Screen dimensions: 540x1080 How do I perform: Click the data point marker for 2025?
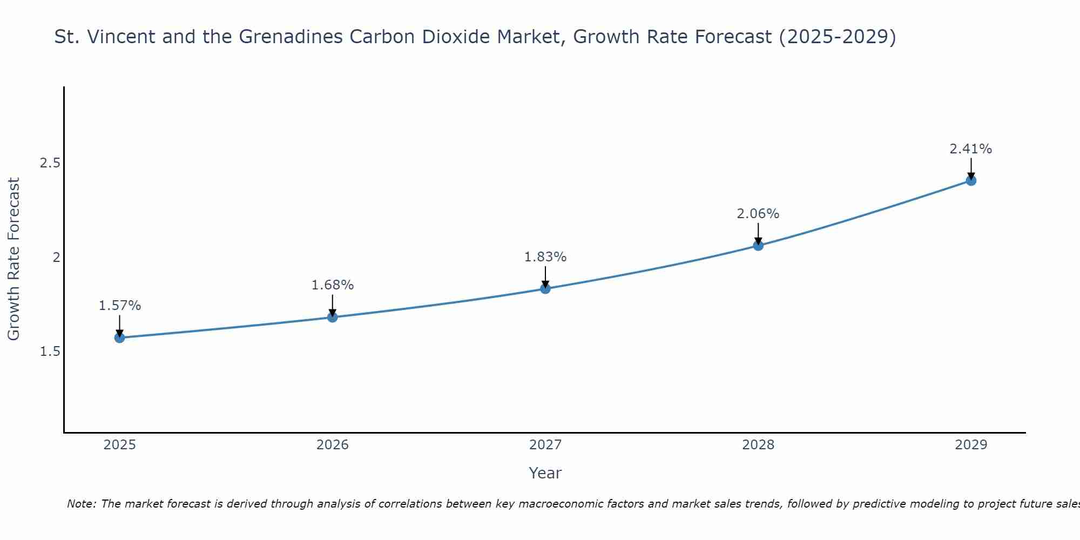pos(119,337)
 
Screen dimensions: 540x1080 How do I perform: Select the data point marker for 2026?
pos(333,317)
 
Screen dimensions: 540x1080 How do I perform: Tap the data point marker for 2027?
pos(545,289)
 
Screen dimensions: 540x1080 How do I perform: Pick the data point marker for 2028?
pos(758,246)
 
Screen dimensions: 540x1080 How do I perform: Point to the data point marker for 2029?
pos(971,180)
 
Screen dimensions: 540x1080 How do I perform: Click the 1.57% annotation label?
pos(119,306)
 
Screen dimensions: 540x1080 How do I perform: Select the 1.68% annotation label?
pos(333,285)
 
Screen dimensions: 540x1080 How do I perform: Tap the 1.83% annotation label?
pos(545,257)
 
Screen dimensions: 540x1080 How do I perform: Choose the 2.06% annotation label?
pos(758,214)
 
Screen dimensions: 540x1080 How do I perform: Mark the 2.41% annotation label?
pos(971,149)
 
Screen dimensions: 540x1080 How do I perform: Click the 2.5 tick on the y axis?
pos(50,163)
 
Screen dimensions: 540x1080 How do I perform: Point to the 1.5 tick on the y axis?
pos(50,352)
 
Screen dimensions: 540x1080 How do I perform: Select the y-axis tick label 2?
pos(56,258)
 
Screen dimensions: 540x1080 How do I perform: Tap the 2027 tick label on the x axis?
pos(545,445)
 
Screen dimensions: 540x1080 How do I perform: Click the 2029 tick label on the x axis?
pos(971,445)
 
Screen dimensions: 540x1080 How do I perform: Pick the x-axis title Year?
pos(545,473)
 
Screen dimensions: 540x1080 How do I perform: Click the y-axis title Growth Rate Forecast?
pos(13,259)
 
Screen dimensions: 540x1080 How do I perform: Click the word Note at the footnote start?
pos(81,504)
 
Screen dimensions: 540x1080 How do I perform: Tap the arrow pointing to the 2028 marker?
pos(758,234)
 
